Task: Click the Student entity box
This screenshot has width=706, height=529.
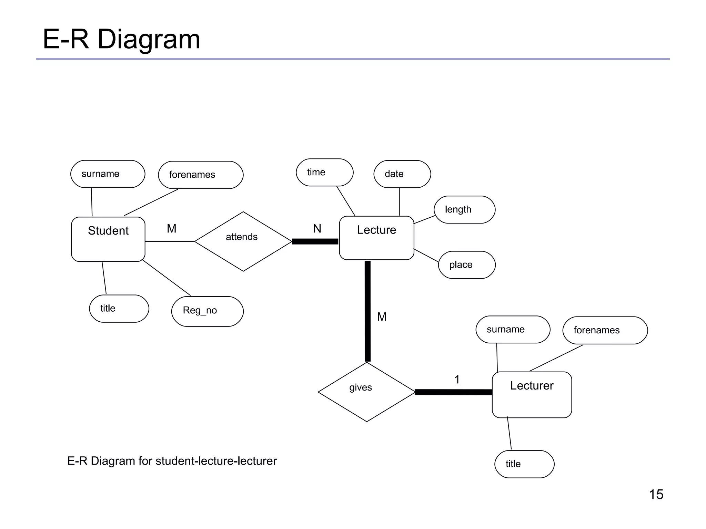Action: pyautogui.click(x=108, y=239)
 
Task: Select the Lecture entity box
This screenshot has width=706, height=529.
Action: pyautogui.click(x=376, y=238)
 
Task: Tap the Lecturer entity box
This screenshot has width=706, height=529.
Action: pyautogui.click(x=532, y=395)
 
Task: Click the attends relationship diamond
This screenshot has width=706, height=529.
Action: pyautogui.click(x=243, y=241)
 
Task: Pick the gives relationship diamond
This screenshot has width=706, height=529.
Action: pyautogui.click(x=366, y=392)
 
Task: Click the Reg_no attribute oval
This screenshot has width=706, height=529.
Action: pyautogui.click(x=207, y=311)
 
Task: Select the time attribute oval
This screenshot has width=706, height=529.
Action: pyautogui.click(x=324, y=172)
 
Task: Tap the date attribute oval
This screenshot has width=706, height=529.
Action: pyautogui.click(x=402, y=174)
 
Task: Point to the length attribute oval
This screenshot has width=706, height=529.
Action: pyautogui.click(x=464, y=209)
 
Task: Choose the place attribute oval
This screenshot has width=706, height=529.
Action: pyautogui.click(x=466, y=264)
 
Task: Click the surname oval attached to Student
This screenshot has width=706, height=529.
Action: pyautogui.click(x=108, y=174)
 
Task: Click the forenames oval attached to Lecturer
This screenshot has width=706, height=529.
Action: pyautogui.click(x=605, y=330)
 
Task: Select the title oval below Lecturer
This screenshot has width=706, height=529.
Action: pyautogui.click(x=524, y=464)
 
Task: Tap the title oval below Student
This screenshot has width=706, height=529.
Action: pyautogui.click(x=119, y=309)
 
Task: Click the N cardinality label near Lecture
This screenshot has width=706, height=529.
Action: pyautogui.click(x=317, y=228)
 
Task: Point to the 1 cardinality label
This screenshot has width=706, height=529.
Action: pyautogui.click(x=457, y=380)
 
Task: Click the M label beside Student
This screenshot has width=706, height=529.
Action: pyautogui.click(x=171, y=228)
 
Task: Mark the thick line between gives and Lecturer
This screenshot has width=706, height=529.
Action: pyautogui.click(x=453, y=392)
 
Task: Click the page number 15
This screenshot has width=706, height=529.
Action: pyautogui.click(x=656, y=494)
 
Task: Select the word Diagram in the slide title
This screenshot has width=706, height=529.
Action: pyautogui.click(x=149, y=39)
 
